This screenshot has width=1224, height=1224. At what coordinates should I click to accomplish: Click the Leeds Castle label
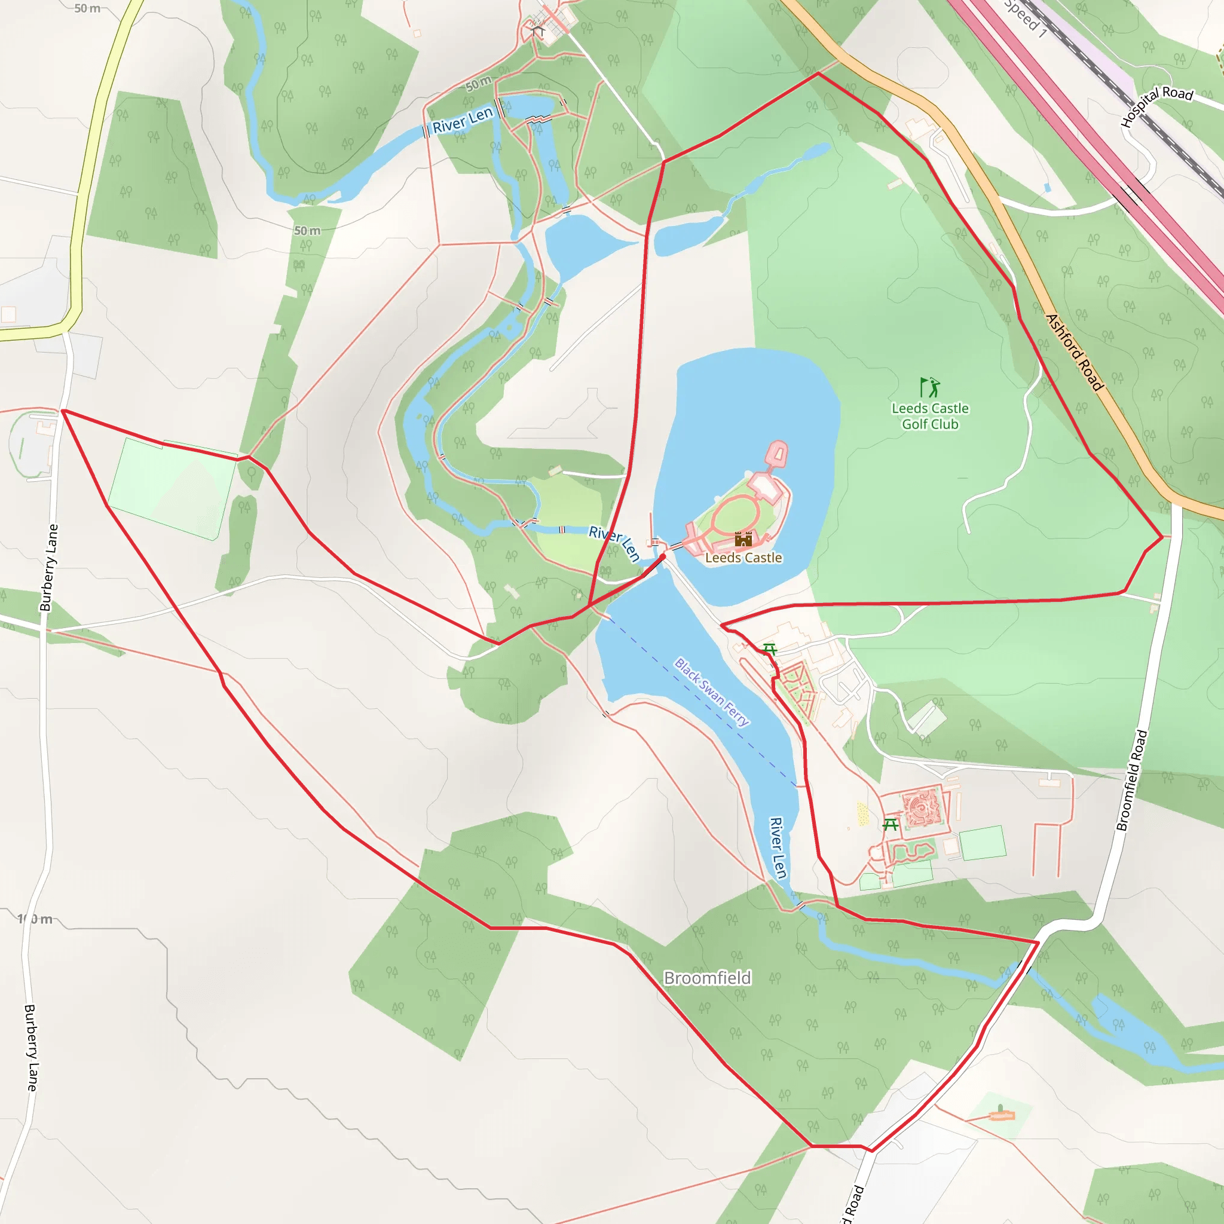[x=743, y=558]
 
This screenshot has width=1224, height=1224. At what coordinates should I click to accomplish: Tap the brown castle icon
[x=743, y=539]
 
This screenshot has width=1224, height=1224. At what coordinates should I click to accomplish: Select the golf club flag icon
[x=929, y=387]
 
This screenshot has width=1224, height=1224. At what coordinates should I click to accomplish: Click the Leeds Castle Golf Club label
[x=930, y=416]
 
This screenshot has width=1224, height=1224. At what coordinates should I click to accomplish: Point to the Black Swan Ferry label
[x=711, y=692]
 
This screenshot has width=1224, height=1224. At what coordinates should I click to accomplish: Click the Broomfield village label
[x=707, y=978]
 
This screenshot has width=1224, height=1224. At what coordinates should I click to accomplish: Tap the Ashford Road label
[x=1075, y=352]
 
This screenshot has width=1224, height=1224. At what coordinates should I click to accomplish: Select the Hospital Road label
[x=1157, y=105]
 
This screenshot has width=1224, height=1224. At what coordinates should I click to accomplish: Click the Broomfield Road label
[x=1131, y=780]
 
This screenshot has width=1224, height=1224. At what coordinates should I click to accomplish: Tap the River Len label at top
[x=463, y=120]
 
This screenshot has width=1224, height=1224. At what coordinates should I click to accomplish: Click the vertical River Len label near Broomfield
[x=778, y=847]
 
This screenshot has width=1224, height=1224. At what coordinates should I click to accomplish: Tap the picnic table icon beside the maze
[x=890, y=824]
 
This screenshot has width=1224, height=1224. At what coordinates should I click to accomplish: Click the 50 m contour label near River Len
[x=479, y=83]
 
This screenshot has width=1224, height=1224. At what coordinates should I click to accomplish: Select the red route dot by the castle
[x=663, y=556]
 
